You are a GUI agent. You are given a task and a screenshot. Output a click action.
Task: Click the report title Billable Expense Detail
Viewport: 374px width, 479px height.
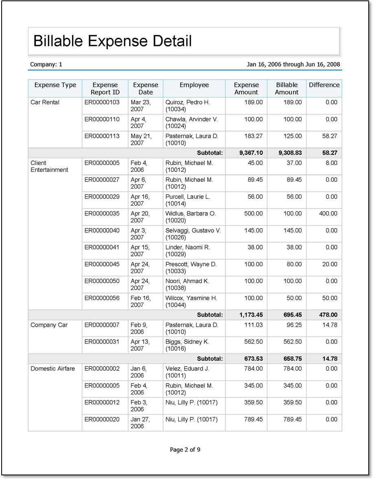(112, 41)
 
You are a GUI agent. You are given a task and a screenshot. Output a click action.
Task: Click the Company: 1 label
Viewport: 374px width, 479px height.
(46, 64)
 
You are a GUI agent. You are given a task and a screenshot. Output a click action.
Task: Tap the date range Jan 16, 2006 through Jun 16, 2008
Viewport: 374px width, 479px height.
(293, 64)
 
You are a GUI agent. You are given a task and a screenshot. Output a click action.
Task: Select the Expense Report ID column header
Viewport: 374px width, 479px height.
(105, 89)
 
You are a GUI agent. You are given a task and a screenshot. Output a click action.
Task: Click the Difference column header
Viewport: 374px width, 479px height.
(324, 85)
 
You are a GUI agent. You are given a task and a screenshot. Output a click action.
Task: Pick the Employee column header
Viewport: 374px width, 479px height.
(194, 85)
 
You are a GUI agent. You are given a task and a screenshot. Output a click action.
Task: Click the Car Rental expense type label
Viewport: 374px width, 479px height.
(45, 102)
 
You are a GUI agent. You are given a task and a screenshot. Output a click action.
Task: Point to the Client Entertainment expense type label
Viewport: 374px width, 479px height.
(49, 167)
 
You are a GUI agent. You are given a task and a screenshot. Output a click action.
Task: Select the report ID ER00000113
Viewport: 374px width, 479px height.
(102, 136)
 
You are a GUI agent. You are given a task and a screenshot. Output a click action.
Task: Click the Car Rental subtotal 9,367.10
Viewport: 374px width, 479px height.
(246, 153)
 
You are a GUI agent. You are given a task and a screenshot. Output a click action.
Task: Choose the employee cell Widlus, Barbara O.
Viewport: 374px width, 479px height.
(190, 217)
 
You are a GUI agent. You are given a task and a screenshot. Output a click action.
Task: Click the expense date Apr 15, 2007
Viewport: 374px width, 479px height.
(140, 251)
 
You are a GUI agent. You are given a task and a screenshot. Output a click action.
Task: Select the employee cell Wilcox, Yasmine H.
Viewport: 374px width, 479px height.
(191, 301)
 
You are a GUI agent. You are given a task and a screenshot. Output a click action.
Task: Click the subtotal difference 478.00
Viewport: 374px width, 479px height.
(327, 314)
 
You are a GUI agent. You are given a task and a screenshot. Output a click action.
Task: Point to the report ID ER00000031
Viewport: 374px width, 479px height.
(102, 342)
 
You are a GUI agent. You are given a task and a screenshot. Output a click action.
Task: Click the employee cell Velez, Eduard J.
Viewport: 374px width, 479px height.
(187, 372)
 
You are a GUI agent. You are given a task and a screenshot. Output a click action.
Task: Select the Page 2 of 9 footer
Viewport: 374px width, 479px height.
(185, 449)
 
